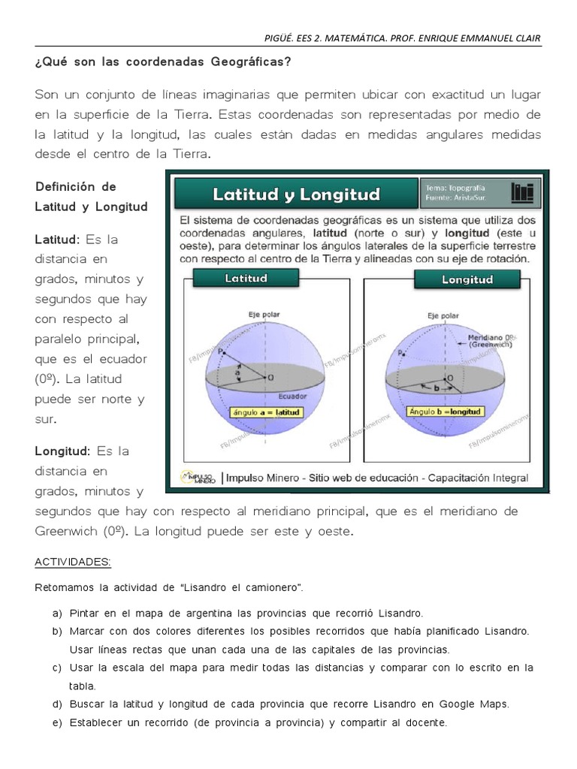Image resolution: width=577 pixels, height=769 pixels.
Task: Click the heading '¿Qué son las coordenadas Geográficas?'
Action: coord(162,62)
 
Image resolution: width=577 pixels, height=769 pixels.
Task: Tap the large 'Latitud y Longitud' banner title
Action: coord(296,195)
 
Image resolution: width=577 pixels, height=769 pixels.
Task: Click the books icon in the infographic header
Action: coord(521,193)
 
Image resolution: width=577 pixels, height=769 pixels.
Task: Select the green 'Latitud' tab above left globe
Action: coord(246,278)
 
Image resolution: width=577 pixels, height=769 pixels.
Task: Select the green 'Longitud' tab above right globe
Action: coord(467,279)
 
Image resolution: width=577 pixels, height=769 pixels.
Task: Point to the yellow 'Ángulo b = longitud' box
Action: coord(446,411)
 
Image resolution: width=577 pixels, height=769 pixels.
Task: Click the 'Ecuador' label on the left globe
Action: coord(292,396)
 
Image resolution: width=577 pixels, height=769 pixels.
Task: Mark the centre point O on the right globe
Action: coord(449,377)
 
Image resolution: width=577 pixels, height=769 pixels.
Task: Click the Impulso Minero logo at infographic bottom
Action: coord(198,478)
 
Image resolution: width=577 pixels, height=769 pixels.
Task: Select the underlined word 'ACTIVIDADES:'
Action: coord(73,562)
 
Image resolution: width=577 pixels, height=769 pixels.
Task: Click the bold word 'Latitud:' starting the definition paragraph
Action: coord(58,240)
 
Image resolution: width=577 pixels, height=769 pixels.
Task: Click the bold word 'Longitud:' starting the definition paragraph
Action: coord(62,451)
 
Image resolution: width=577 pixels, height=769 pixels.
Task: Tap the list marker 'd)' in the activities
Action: coord(57,704)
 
